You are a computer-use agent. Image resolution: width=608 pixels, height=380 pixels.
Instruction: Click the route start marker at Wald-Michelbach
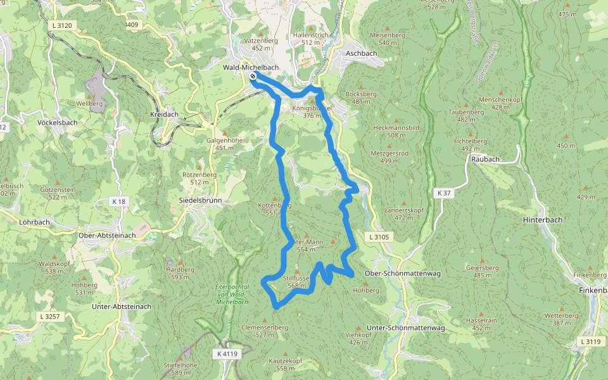[x=253, y=76]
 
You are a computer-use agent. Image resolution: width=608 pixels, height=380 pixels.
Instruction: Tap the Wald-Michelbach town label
[x=251, y=67]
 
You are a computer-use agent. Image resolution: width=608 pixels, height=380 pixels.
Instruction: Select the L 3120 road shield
[x=61, y=25]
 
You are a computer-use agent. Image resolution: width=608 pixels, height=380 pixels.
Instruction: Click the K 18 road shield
[x=118, y=201]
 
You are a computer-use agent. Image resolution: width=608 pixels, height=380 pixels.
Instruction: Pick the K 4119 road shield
[x=226, y=353]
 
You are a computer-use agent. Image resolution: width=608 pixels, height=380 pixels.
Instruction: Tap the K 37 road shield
[x=444, y=193]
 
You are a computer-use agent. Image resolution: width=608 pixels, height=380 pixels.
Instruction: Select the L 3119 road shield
[x=590, y=342]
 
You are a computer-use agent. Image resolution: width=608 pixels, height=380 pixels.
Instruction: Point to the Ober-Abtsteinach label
[x=106, y=235]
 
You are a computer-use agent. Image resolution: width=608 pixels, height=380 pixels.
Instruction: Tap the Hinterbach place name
[x=543, y=219]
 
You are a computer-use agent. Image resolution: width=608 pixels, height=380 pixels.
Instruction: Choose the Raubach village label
[x=486, y=160]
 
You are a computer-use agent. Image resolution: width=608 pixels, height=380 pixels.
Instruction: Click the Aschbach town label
[x=362, y=53]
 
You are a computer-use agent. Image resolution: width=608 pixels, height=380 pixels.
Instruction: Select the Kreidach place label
[x=164, y=115]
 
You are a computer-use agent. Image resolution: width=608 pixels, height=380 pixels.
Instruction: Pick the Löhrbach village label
[x=35, y=223]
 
